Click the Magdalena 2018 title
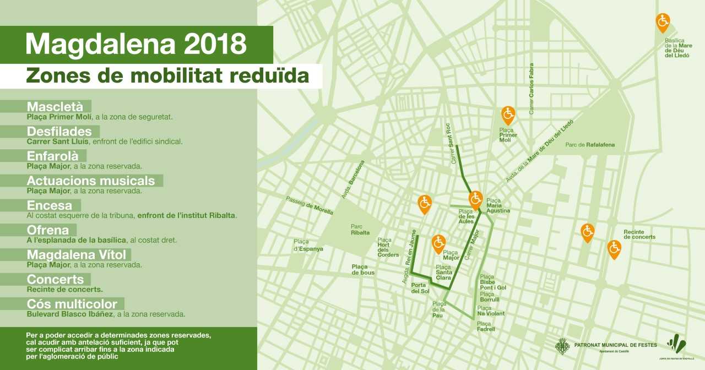click(135, 44)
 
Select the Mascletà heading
click(55, 106)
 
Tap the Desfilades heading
click(59, 132)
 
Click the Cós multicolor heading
click(72, 304)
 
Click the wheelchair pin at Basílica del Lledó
click(663, 22)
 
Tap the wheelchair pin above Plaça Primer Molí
click(508, 115)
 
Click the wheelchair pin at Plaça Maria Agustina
click(476, 198)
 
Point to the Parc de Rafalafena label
click(590, 145)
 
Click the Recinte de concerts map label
click(639, 235)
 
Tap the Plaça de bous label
click(363, 269)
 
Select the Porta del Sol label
click(420, 288)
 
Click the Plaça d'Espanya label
click(308, 245)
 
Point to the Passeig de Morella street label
click(310, 204)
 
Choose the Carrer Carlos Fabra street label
click(532, 89)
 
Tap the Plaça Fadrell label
click(486, 327)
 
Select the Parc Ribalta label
click(360, 230)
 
